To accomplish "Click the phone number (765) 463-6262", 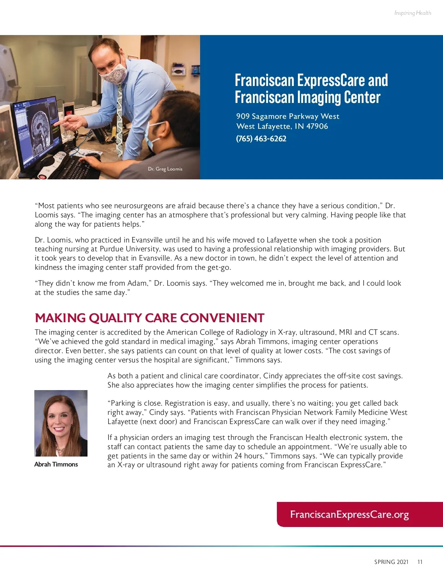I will tap(261, 139).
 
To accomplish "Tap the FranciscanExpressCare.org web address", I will tap(349, 514).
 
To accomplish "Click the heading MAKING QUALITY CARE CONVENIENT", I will tap(150, 318).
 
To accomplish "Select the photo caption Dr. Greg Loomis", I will tap(165, 169).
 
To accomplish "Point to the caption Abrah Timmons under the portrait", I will tap(56, 464).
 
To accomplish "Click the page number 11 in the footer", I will tap(420, 562).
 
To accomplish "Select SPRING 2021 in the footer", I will tap(391, 562).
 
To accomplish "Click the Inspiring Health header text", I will tap(412, 13).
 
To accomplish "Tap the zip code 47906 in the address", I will tap(317, 126).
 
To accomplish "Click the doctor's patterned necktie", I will tap(119, 118).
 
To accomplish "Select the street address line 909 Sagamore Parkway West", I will tap(288, 116).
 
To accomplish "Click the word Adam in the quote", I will tap(137, 283).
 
